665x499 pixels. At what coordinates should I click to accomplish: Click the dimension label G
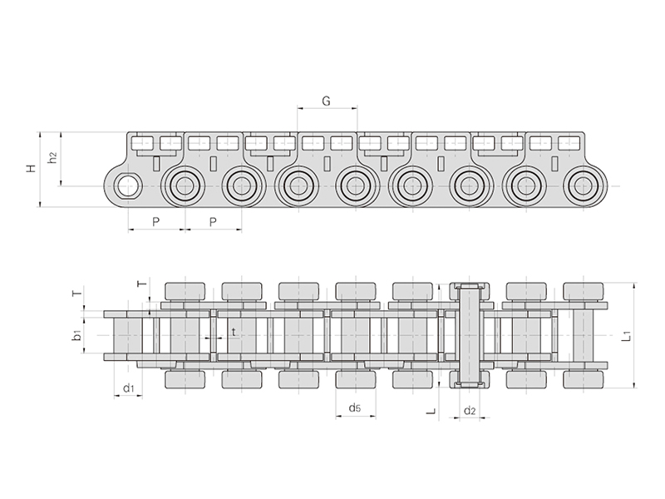[326, 101]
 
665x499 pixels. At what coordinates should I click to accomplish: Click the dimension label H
[31, 169]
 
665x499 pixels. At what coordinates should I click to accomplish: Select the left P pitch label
[155, 221]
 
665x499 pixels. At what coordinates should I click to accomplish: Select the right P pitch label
[213, 221]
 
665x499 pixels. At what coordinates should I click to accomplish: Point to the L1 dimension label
[628, 337]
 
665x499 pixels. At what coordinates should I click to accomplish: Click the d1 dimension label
[128, 388]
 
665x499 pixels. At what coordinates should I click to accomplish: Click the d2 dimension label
[470, 410]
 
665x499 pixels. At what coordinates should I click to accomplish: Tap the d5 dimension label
[355, 408]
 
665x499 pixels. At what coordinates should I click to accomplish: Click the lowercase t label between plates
[234, 331]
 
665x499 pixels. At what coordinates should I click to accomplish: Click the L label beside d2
[431, 410]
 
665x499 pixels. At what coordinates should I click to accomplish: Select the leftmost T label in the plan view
[76, 294]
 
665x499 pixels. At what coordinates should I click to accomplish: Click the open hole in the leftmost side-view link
[127, 185]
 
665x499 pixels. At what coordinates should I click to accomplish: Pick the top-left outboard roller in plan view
[184, 292]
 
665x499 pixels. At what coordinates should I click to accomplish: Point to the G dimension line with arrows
[327, 109]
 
